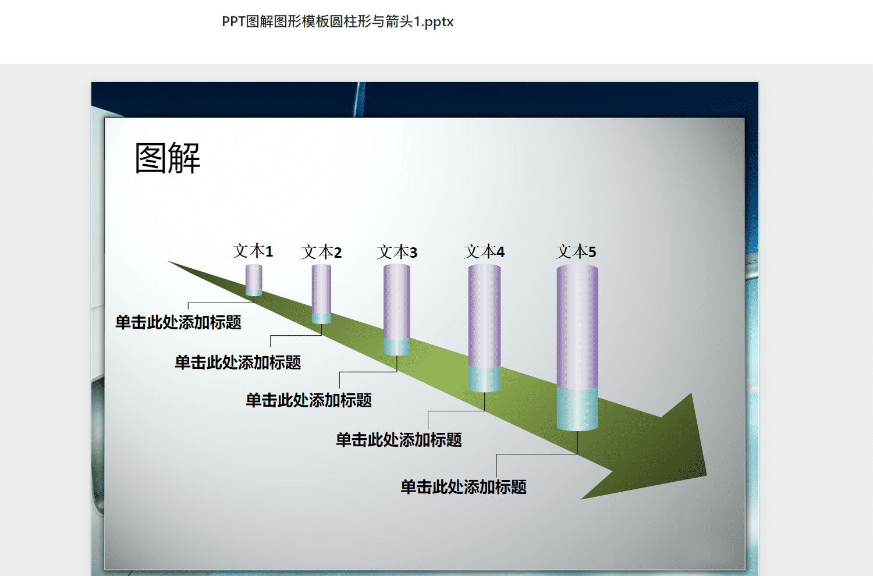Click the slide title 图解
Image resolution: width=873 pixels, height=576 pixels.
click(168, 158)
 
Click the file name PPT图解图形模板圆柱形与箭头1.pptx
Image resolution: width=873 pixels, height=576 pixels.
click(338, 22)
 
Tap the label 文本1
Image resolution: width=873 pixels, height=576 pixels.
click(253, 251)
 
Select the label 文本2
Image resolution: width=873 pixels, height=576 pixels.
click(321, 252)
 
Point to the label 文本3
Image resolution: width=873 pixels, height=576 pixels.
click(397, 252)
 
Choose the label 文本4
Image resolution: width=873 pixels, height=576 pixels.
click(484, 251)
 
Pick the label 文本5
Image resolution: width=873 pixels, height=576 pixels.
click(576, 251)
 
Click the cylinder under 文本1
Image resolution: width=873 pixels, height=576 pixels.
click(254, 280)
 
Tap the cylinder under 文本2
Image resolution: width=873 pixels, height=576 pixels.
click(321, 294)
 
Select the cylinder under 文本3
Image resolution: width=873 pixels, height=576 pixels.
click(397, 310)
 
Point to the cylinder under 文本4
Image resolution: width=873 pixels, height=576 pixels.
click(484, 328)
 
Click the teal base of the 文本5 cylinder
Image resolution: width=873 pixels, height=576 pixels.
click(577, 409)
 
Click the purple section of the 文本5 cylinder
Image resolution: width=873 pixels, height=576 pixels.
click(577, 326)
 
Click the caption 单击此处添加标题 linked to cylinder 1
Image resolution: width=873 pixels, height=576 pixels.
click(178, 322)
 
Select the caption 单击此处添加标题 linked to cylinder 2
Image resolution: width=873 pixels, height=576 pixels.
click(237, 362)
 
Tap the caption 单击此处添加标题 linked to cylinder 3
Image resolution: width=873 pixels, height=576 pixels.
click(308, 400)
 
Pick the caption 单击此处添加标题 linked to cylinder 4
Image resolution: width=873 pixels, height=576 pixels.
click(399, 440)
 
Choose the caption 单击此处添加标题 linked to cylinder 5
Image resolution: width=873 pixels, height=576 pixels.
click(463, 487)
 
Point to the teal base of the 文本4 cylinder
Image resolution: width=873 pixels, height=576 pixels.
click(484, 379)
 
